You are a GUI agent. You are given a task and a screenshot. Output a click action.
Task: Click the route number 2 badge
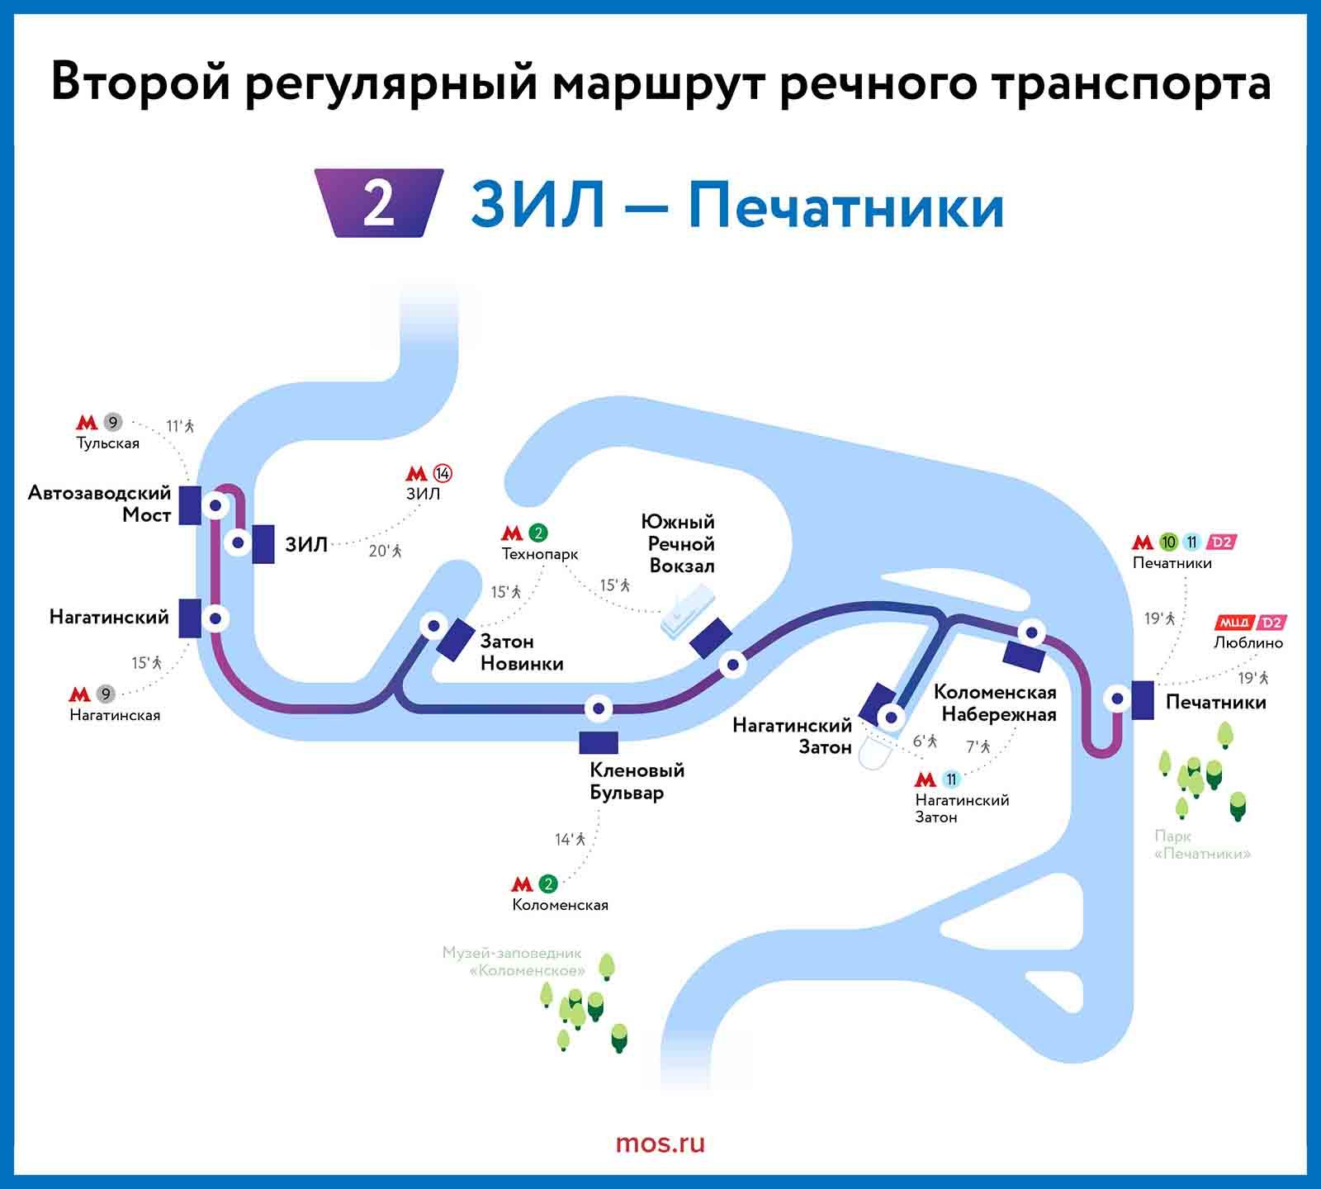click(x=379, y=203)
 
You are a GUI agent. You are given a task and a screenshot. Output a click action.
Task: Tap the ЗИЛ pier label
click(x=306, y=544)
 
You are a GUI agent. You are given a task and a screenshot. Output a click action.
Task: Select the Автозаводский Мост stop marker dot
click(x=215, y=504)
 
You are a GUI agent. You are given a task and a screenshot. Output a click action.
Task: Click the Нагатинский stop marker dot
click(x=215, y=618)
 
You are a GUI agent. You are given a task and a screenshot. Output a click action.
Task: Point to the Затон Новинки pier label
click(x=522, y=652)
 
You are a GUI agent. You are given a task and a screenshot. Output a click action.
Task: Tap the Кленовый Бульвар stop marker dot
click(x=598, y=708)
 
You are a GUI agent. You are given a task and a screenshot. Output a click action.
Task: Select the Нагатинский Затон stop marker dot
click(x=890, y=717)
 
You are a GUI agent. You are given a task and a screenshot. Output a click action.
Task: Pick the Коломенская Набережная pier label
click(x=995, y=703)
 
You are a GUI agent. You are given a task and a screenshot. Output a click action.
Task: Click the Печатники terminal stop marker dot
click(x=1117, y=699)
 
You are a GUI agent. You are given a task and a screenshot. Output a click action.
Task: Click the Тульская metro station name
click(x=108, y=443)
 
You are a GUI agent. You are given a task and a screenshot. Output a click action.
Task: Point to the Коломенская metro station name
click(x=560, y=905)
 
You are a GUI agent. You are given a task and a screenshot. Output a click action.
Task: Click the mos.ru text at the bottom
click(x=660, y=1144)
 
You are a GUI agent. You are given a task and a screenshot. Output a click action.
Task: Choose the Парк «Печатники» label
click(x=1202, y=845)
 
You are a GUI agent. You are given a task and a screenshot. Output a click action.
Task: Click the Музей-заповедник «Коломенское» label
click(x=514, y=961)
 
